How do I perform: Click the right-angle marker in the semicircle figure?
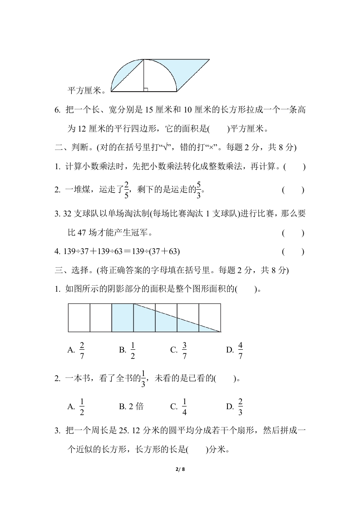coord(145,89)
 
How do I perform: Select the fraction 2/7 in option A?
coord(82,349)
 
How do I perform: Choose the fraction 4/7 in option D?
coord(240,349)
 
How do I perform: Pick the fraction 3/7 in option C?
coord(185,349)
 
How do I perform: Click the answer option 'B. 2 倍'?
coord(131,406)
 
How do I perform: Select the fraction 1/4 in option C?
coord(185,406)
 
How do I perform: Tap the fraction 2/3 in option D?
coord(240,406)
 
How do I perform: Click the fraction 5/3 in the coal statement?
coord(198,190)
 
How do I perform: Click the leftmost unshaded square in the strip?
coord(79,318)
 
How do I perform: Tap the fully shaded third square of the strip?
coord(123,318)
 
